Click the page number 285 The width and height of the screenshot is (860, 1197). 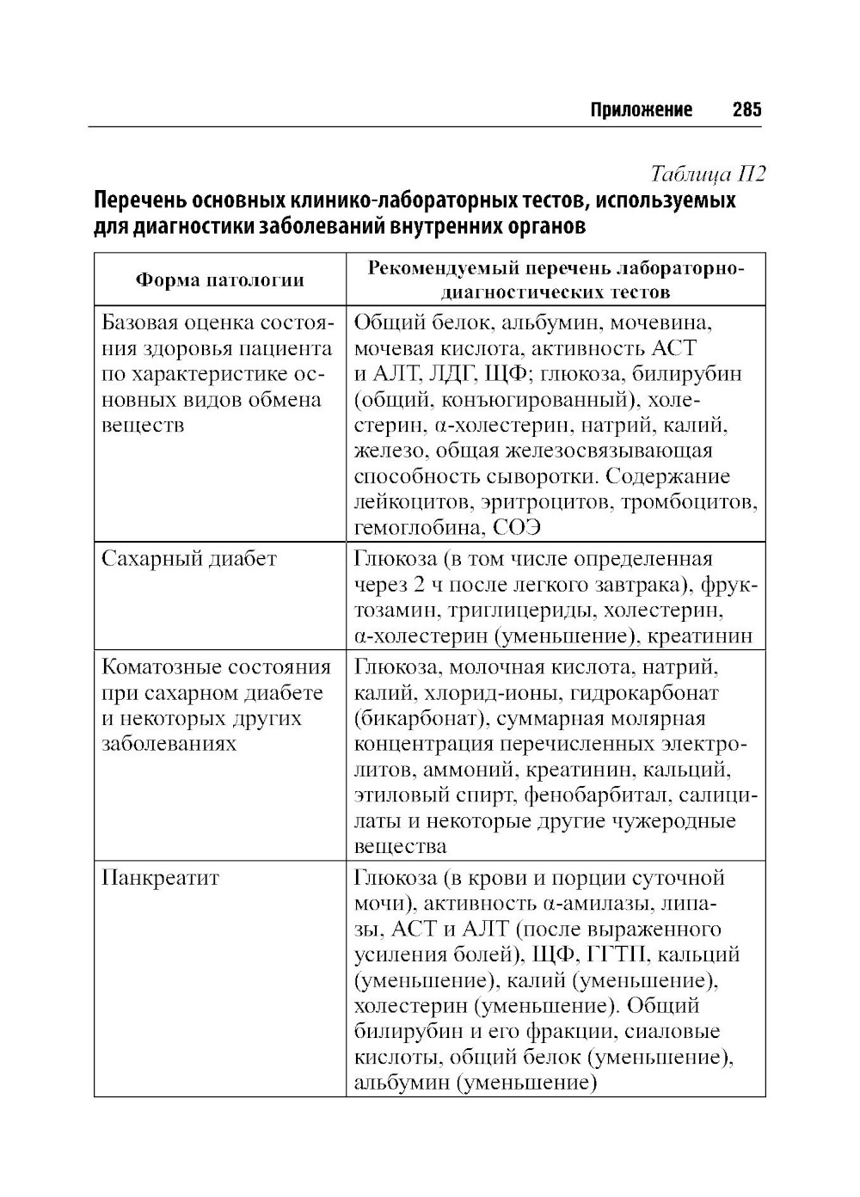pyautogui.click(x=746, y=110)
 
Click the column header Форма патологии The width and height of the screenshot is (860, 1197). pyautogui.click(x=220, y=279)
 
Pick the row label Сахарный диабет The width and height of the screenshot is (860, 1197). pyautogui.click(x=189, y=559)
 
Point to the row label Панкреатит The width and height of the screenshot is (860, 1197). pyautogui.click(x=161, y=878)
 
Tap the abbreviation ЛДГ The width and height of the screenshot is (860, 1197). pyautogui.click(x=448, y=374)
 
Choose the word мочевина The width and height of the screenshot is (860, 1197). pyautogui.click(x=666, y=323)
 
